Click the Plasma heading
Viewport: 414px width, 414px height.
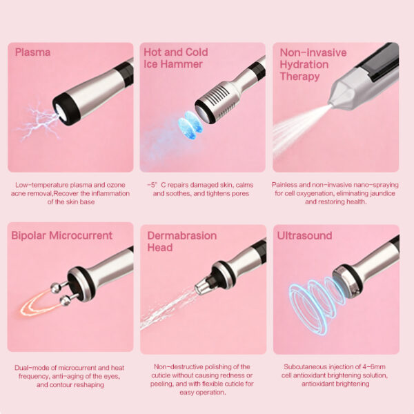click(32, 52)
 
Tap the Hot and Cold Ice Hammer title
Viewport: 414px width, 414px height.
click(175, 58)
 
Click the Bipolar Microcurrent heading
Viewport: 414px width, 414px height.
click(61, 235)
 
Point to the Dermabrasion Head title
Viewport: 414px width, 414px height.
click(181, 241)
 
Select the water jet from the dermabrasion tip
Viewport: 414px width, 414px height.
click(166, 307)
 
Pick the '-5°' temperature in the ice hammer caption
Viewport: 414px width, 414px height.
click(154, 185)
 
